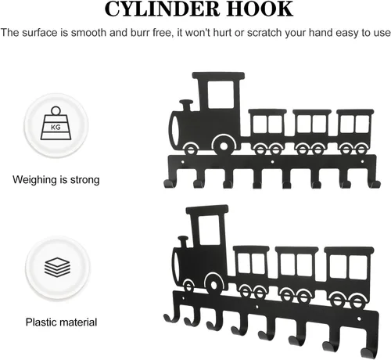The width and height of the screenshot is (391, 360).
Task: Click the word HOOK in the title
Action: (x=260, y=9)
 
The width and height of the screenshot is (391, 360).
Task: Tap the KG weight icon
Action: (x=56, y=123)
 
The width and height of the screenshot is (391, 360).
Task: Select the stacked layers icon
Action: (x=57, y=267)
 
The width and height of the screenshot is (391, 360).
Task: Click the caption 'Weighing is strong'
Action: (x=56, y=180)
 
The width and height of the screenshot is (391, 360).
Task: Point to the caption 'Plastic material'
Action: (x=61, y=322)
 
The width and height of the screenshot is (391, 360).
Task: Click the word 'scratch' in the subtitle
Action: (x=264, y=33)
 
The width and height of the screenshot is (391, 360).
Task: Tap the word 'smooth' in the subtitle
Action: (x=89, y=33)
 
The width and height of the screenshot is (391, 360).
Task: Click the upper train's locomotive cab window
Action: (x=221, y=95)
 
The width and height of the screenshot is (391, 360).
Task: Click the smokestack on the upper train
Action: (x=186, y=105)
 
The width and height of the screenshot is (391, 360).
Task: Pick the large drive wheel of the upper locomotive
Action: (x=224, y=146)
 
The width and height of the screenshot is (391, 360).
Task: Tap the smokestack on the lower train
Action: (x=184, y=242)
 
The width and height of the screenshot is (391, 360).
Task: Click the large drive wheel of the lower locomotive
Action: (x=213, y=285)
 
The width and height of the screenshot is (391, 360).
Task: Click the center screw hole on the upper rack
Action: (x=272, y=162)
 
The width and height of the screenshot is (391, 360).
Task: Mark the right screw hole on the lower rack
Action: (x=359, y=319)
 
